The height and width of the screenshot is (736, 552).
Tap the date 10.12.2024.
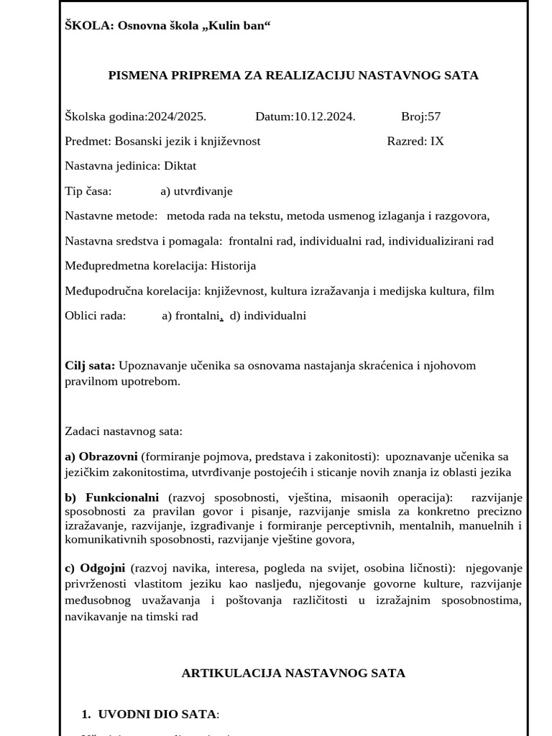[324, 116]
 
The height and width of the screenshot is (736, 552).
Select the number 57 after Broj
[434, 116]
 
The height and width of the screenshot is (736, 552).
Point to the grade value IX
[437, 141]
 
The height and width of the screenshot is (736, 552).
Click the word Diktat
[180, 166]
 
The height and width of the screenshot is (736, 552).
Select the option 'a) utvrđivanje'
[196, 191]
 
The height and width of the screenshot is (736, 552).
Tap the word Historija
[233, 266]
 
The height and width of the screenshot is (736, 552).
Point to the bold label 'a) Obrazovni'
[101, 456]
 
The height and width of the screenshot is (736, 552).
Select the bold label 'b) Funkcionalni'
[111, 497]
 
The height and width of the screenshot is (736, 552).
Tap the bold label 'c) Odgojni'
[97, 568]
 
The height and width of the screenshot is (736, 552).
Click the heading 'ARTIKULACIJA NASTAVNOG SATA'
[293, 673]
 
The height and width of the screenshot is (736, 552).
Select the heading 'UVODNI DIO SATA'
[157, 714]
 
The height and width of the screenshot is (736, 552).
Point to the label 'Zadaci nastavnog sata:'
[124, 431]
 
